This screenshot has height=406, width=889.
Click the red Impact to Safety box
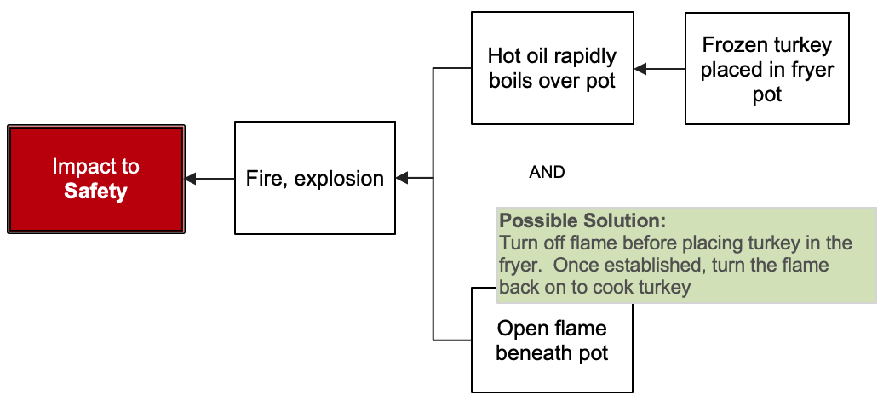pos(96,179)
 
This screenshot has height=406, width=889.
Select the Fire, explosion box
pos(314,178)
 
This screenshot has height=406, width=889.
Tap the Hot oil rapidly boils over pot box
pos(552,68)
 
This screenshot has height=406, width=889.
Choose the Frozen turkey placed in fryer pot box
pos(766,69)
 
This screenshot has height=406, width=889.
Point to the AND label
pos(547,172)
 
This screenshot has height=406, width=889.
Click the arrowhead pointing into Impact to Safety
pos(191,179)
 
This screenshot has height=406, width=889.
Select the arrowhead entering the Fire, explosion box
pos(402,178)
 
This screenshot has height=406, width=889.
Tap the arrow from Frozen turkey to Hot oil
pos(659,69)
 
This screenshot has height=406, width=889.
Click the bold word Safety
pos(95,192)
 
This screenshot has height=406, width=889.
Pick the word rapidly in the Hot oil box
pos(584,57)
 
